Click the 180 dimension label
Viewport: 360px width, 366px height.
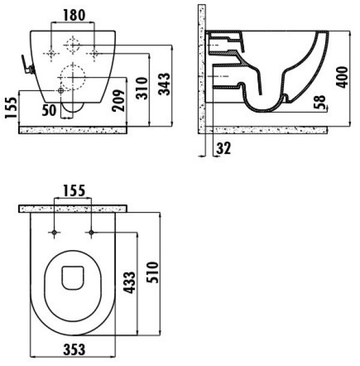[x=74, y=16]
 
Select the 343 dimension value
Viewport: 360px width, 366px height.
[x=164, y=84]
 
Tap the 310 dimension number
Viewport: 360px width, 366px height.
[x=142, y=88]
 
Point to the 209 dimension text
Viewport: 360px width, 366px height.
[x=118, y=100]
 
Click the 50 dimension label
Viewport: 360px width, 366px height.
[x=49, y=110]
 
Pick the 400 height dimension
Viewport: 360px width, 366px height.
[x=342, y=77]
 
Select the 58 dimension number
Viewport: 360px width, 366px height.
[x=319, y=102]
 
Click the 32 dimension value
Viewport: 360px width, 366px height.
[x=224, y=148]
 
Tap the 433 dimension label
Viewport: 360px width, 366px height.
[x=129, y=283]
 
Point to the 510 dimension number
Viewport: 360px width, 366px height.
[x=152, y=272]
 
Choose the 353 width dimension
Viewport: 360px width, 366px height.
[x=74, y=350]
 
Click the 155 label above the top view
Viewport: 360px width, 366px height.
[x=74, y=191]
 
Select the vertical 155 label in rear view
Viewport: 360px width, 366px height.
[x=11, y=107]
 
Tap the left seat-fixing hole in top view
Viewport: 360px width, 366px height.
[x=54, y=232]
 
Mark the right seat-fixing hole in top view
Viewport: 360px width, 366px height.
[x=91, y=232]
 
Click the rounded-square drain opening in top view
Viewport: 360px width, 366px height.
[x=73, y=278]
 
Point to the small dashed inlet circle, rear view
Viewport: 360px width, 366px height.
[x=73, y=45]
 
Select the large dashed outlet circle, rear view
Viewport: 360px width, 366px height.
[x=73, y=77]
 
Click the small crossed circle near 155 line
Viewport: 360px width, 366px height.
[x=61, y=91]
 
